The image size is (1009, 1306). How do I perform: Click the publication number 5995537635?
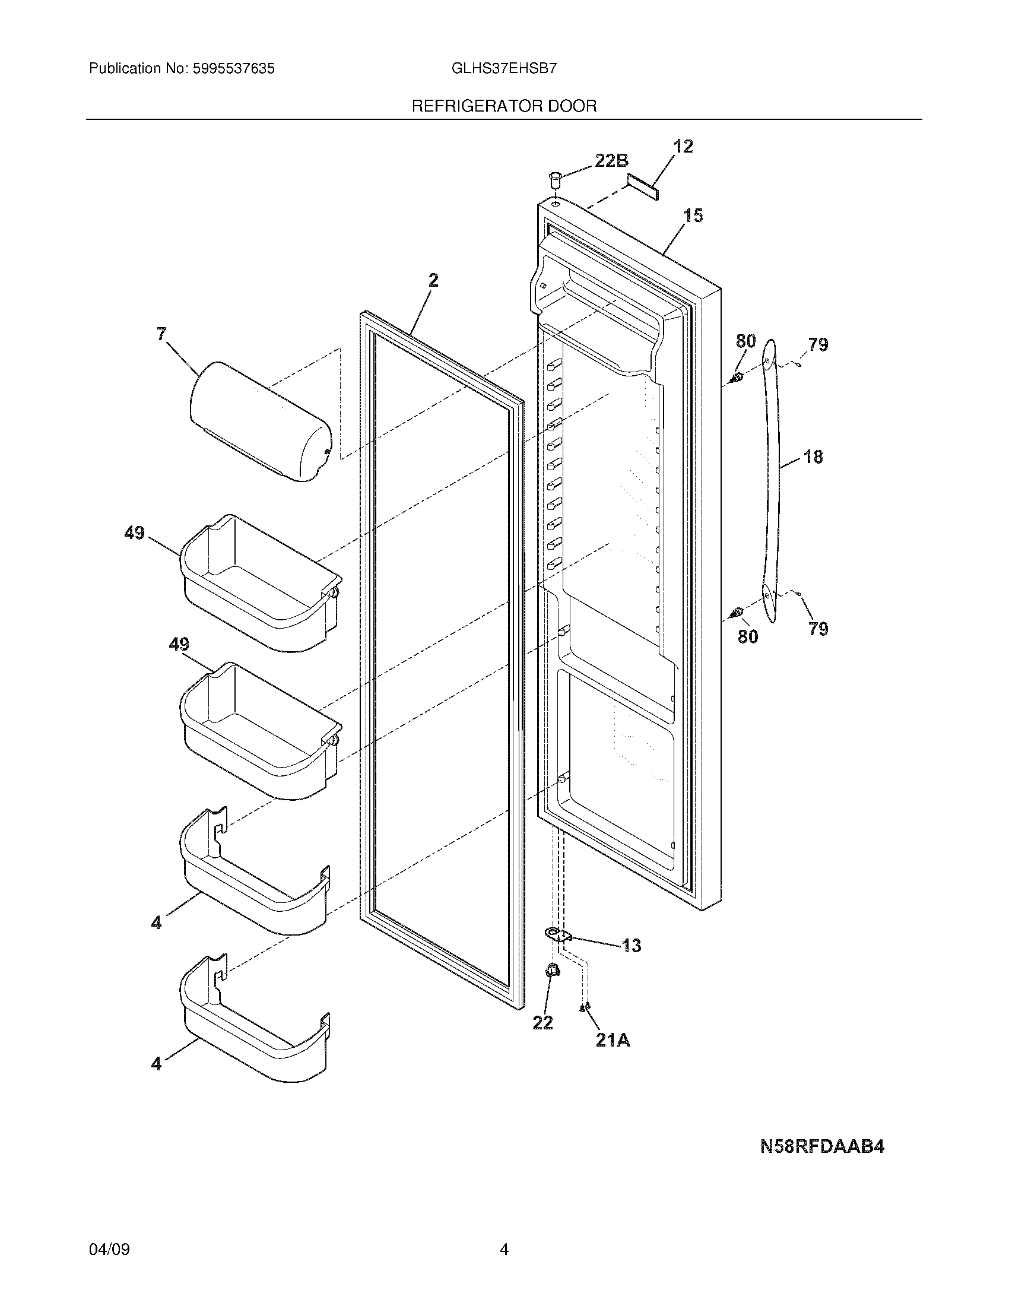click(234, 69)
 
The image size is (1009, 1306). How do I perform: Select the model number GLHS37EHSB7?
click(504, 68)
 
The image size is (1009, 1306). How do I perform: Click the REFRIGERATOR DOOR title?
click(504, 106)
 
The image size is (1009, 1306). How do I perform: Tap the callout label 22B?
click(611, 160)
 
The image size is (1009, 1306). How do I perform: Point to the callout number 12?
click(683, 147)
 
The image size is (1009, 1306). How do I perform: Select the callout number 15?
click(693, 215)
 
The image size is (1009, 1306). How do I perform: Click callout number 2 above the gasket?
click(433, 280)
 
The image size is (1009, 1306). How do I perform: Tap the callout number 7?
click(162, 334)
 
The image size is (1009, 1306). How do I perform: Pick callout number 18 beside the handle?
click(813, 457)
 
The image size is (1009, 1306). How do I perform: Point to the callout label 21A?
click(613, 1040)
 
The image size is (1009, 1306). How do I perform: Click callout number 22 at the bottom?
click(542, 1023)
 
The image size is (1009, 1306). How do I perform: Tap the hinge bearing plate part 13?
click(556, 934)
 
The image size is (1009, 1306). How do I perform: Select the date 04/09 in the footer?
click(109, 1249)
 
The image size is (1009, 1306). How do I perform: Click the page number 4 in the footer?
click(504, 1249)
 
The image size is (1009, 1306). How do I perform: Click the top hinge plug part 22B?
click(554, 177)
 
